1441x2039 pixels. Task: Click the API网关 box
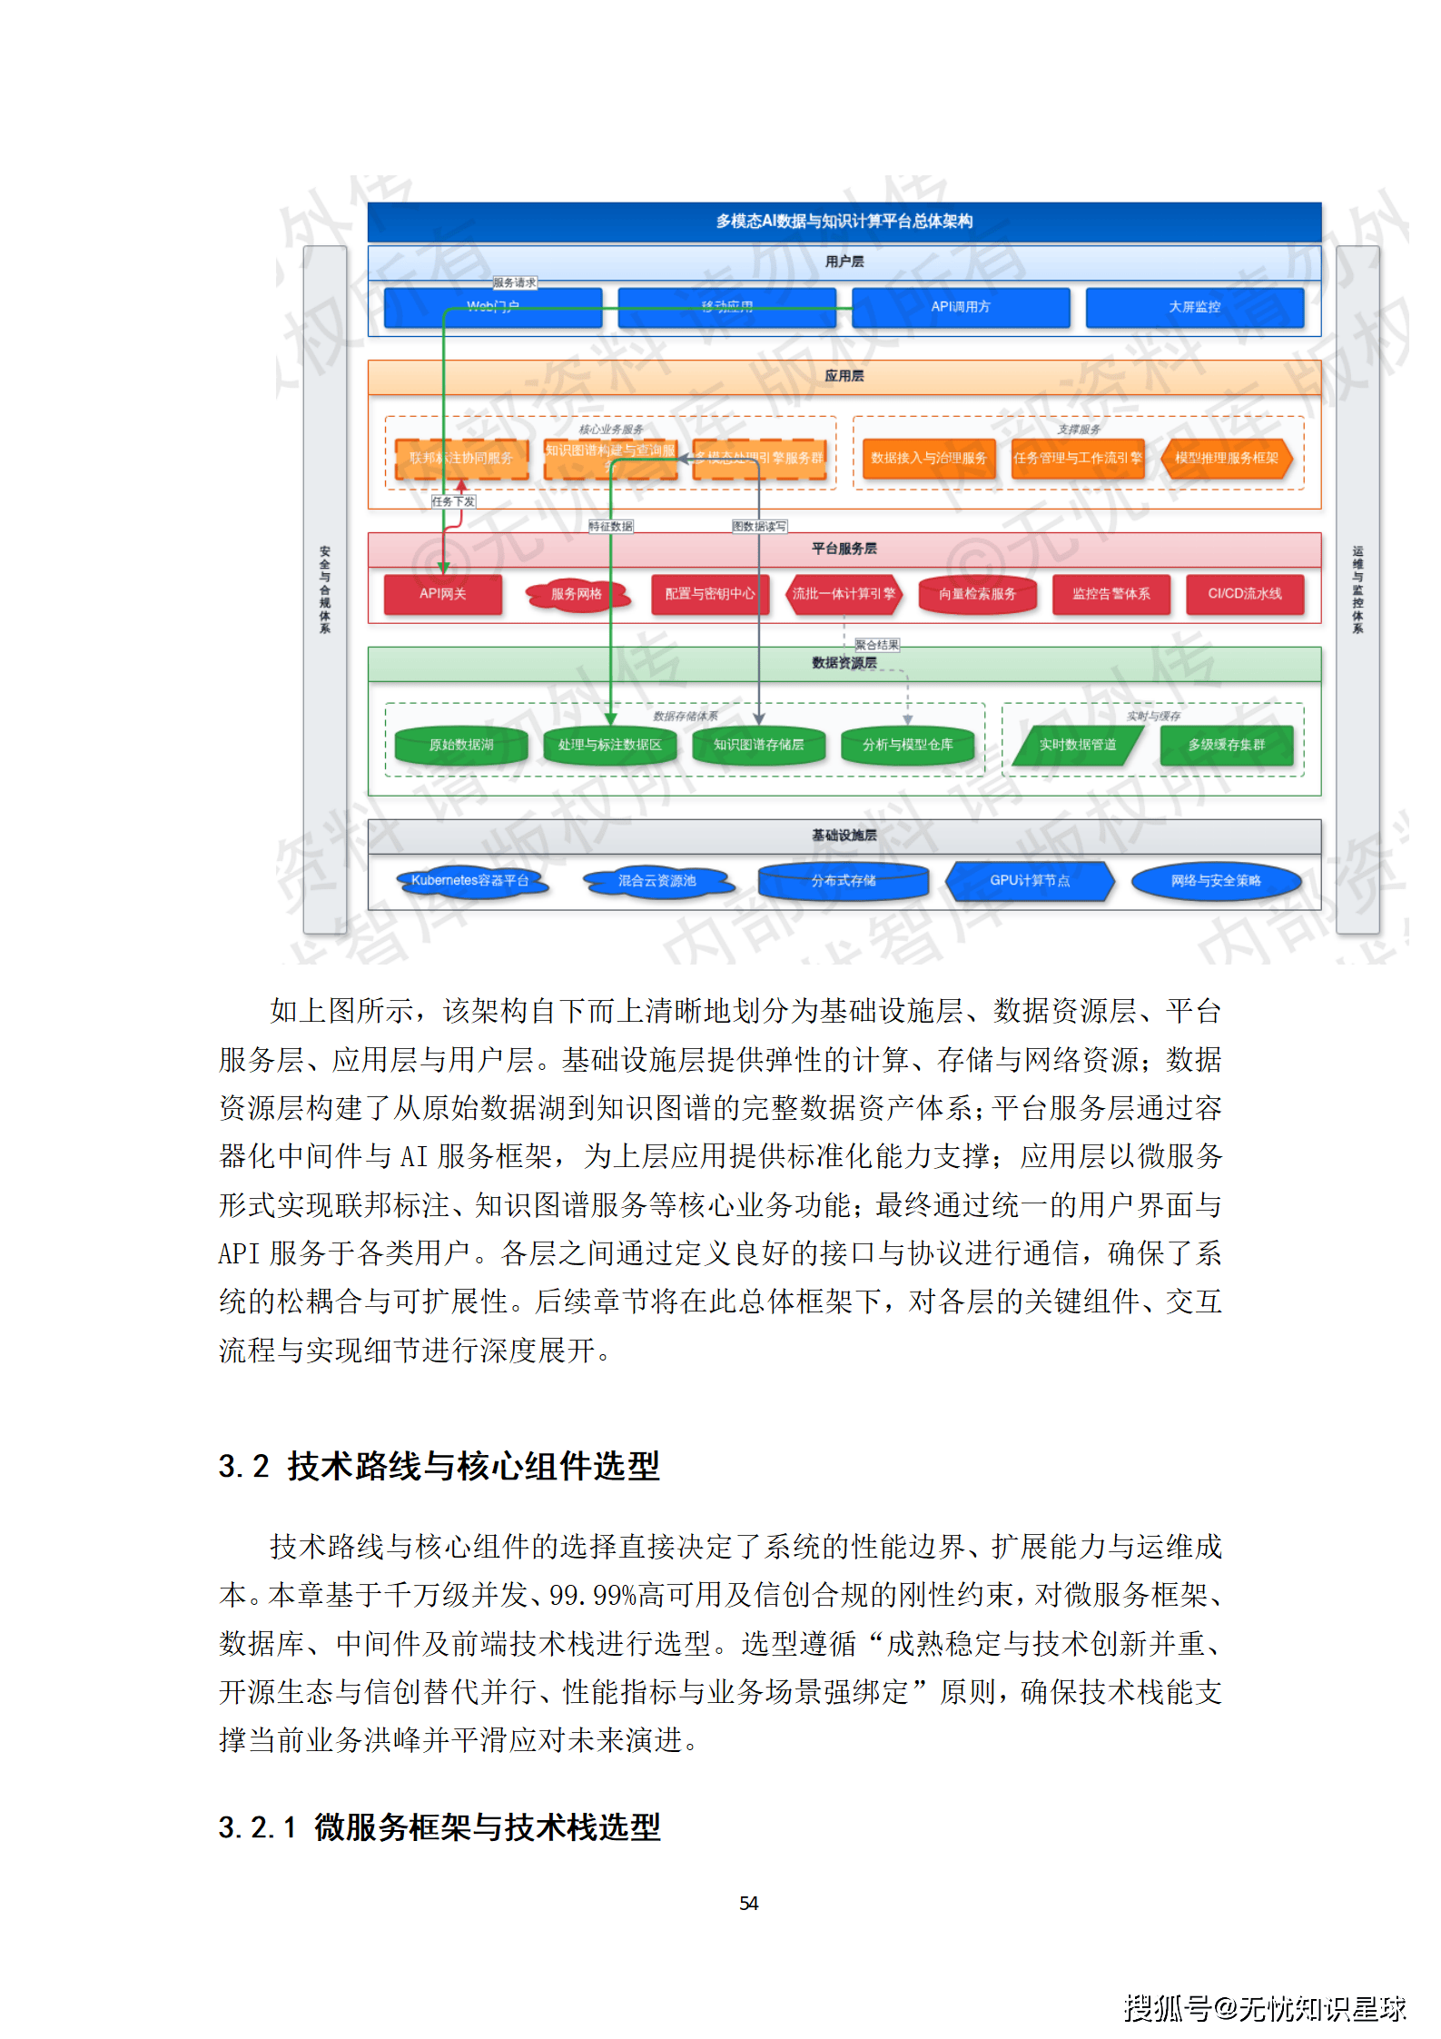coord(442,594)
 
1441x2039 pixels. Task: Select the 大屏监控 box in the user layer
coord(1194,307)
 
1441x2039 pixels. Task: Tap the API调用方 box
coord(960,307)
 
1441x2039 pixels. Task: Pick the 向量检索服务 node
coord(977,594)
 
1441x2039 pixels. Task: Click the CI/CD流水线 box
coord(1244,594)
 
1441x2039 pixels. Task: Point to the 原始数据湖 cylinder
coord(461,745)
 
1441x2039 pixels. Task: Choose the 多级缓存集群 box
coord(1226,745)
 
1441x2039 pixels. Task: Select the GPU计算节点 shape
coord(1030,880)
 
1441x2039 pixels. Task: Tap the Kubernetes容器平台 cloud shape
coord(470,880)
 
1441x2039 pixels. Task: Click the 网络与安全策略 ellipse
coord(1216,880)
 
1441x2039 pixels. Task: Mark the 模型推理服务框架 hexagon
coord(1226,458)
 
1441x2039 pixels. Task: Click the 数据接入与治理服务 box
coord(928,458)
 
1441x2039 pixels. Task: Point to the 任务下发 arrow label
coord(453,501)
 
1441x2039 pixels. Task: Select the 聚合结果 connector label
coord(876,645)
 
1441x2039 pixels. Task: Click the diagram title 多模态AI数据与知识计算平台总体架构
coord(844,222)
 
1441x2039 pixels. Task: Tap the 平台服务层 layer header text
coord(844,549)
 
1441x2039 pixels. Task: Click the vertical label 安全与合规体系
coord(325,589)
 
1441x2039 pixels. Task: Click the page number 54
coord(748,1903)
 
